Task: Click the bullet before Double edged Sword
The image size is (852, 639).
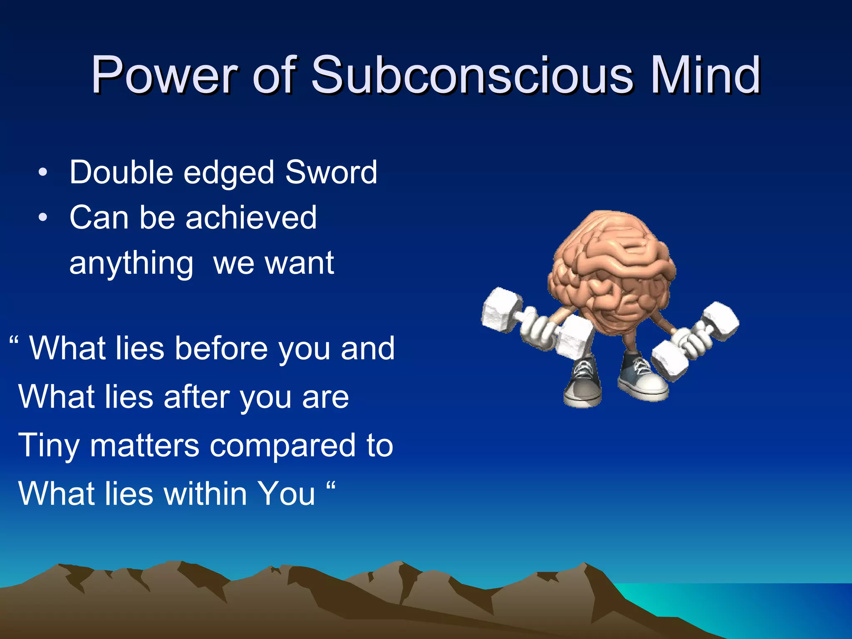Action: (x=43, y=172)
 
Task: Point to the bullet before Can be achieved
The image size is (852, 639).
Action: (x=43, y=218)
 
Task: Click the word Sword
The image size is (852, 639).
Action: (x=331, y=172)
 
